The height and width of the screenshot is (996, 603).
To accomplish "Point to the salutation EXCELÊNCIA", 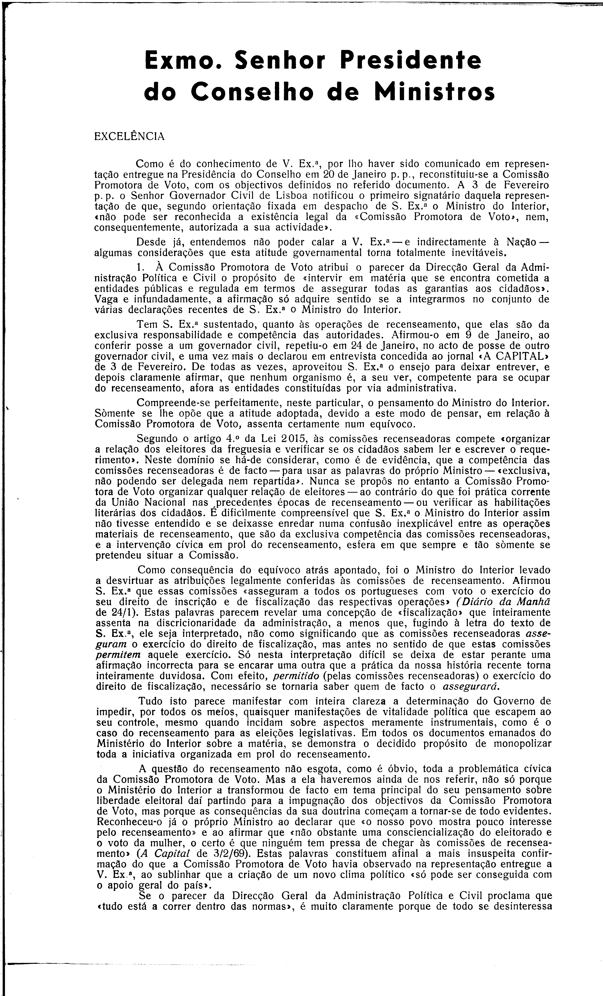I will [129, 137].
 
